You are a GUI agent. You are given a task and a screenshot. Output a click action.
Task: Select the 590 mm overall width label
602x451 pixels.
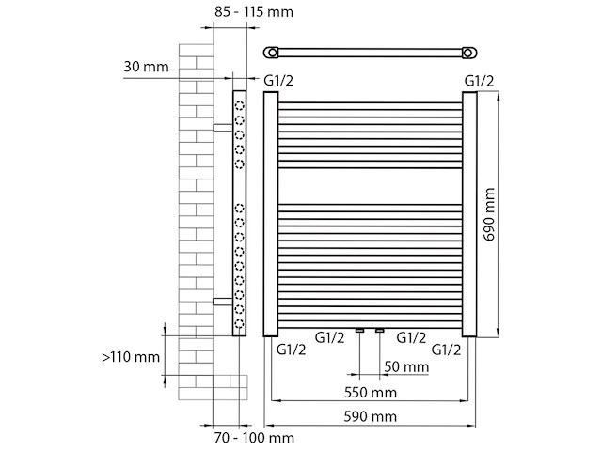coord(370,416)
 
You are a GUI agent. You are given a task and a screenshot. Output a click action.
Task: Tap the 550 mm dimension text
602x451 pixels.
coord(370,392)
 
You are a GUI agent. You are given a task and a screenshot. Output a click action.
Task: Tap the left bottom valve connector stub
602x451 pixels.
coord(359,331)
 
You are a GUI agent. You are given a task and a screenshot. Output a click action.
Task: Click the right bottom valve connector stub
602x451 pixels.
coord(379,331)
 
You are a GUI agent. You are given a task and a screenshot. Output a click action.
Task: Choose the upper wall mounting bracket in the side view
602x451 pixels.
coord(222,124)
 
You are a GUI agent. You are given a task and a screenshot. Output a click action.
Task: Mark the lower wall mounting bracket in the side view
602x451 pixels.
coord(222,301)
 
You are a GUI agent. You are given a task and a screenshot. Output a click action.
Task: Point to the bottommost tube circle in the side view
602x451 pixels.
coord(240,324)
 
